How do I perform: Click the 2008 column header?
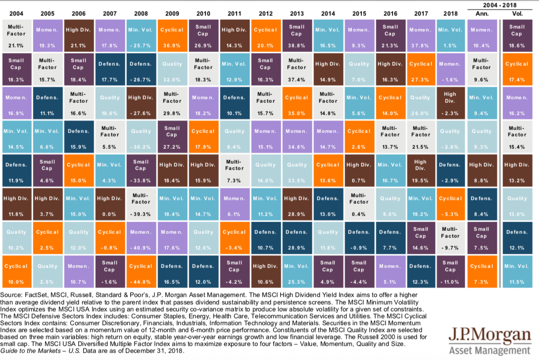[x=141, y=13]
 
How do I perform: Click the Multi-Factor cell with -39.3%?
[x=141, y=204]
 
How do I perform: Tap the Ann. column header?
[x=482, y=13]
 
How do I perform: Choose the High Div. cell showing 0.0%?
[x=109, y=204]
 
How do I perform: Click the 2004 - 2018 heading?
[x=499, y=5]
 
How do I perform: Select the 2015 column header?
[x=358, y=13]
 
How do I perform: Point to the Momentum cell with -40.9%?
[x=141, y=237]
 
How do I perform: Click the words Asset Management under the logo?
[x=490, y=351]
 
